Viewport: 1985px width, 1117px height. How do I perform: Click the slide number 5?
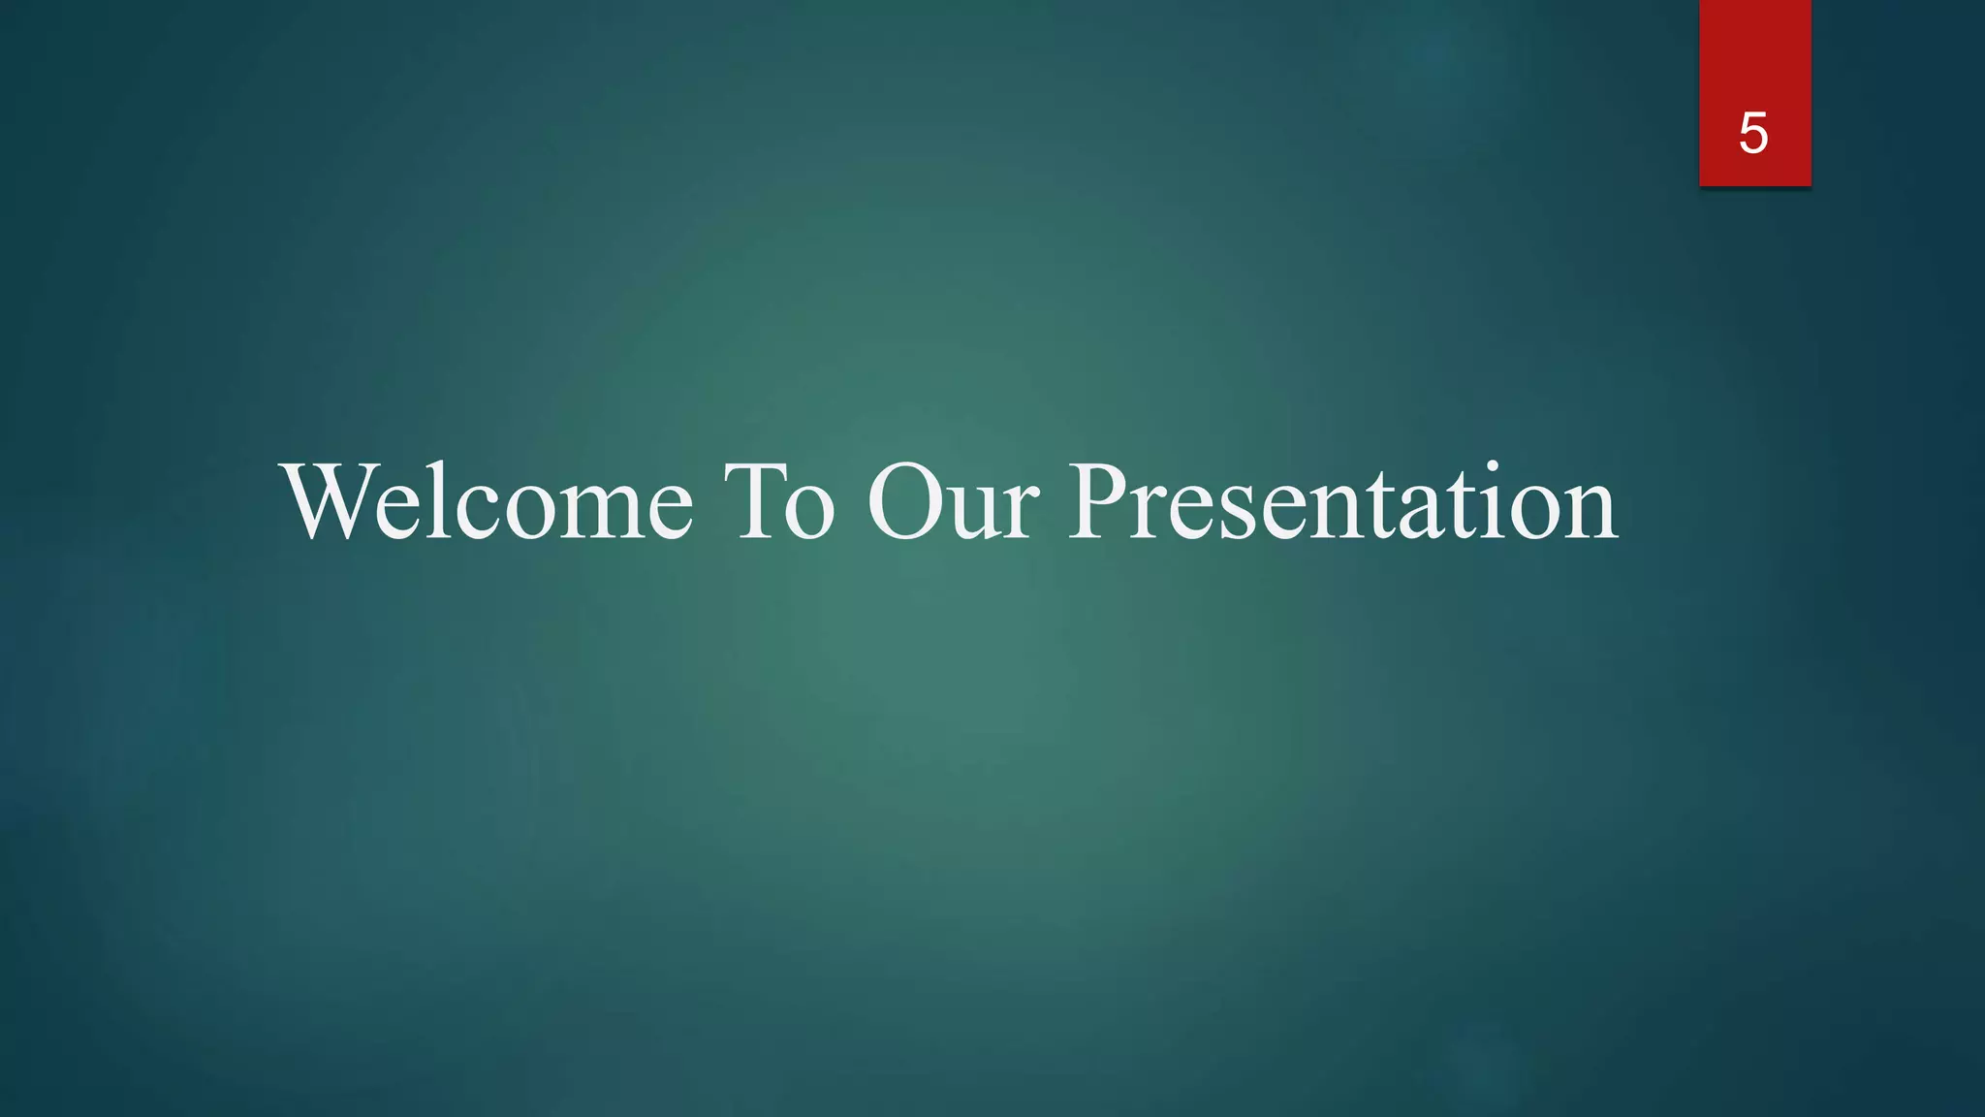pos(1752,133)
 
